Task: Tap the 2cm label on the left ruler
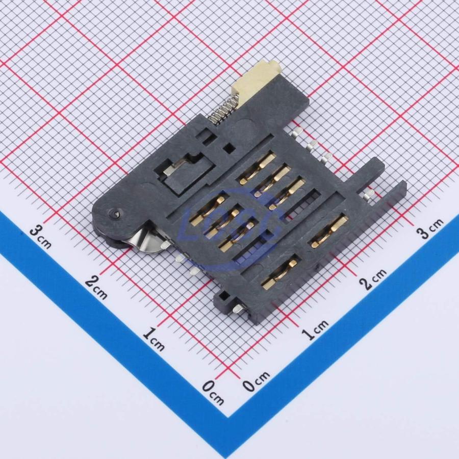pos(96,288)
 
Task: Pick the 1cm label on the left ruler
pos(154,340)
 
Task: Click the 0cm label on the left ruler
pos(213,392)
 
